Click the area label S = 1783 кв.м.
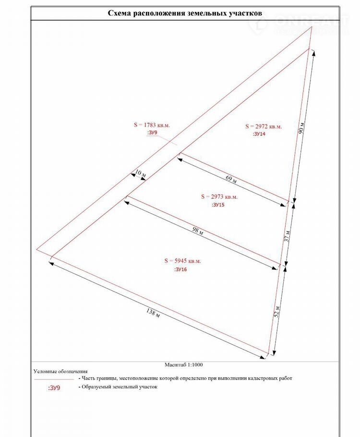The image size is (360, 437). pyautogui.click(x=152, y=125)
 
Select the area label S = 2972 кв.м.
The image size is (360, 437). pyautogui.click(x=264, y=126)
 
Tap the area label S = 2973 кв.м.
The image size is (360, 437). pyautogui.click(x=219, y=196)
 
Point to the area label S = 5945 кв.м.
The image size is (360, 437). pyautogui.click(x=182, y=261)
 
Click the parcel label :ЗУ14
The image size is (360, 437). pyautogui.click(x=259, y=134)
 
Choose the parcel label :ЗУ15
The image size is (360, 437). pyautogui.click(x=218, y=205)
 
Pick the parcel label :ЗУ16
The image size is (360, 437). pyautogui.click(x=181, y=270)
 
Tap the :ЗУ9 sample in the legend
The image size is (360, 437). pyautogui.click(x=54, y=388)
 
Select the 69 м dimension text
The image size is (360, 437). pyautogui.click(x=231, y=180)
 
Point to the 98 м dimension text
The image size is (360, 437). pyautogui.click(x=198, y=232)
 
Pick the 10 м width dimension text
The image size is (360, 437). pyautogui.click(x=140, y=172)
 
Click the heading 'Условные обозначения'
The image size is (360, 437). pyautogui.click(x=60, y=371)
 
